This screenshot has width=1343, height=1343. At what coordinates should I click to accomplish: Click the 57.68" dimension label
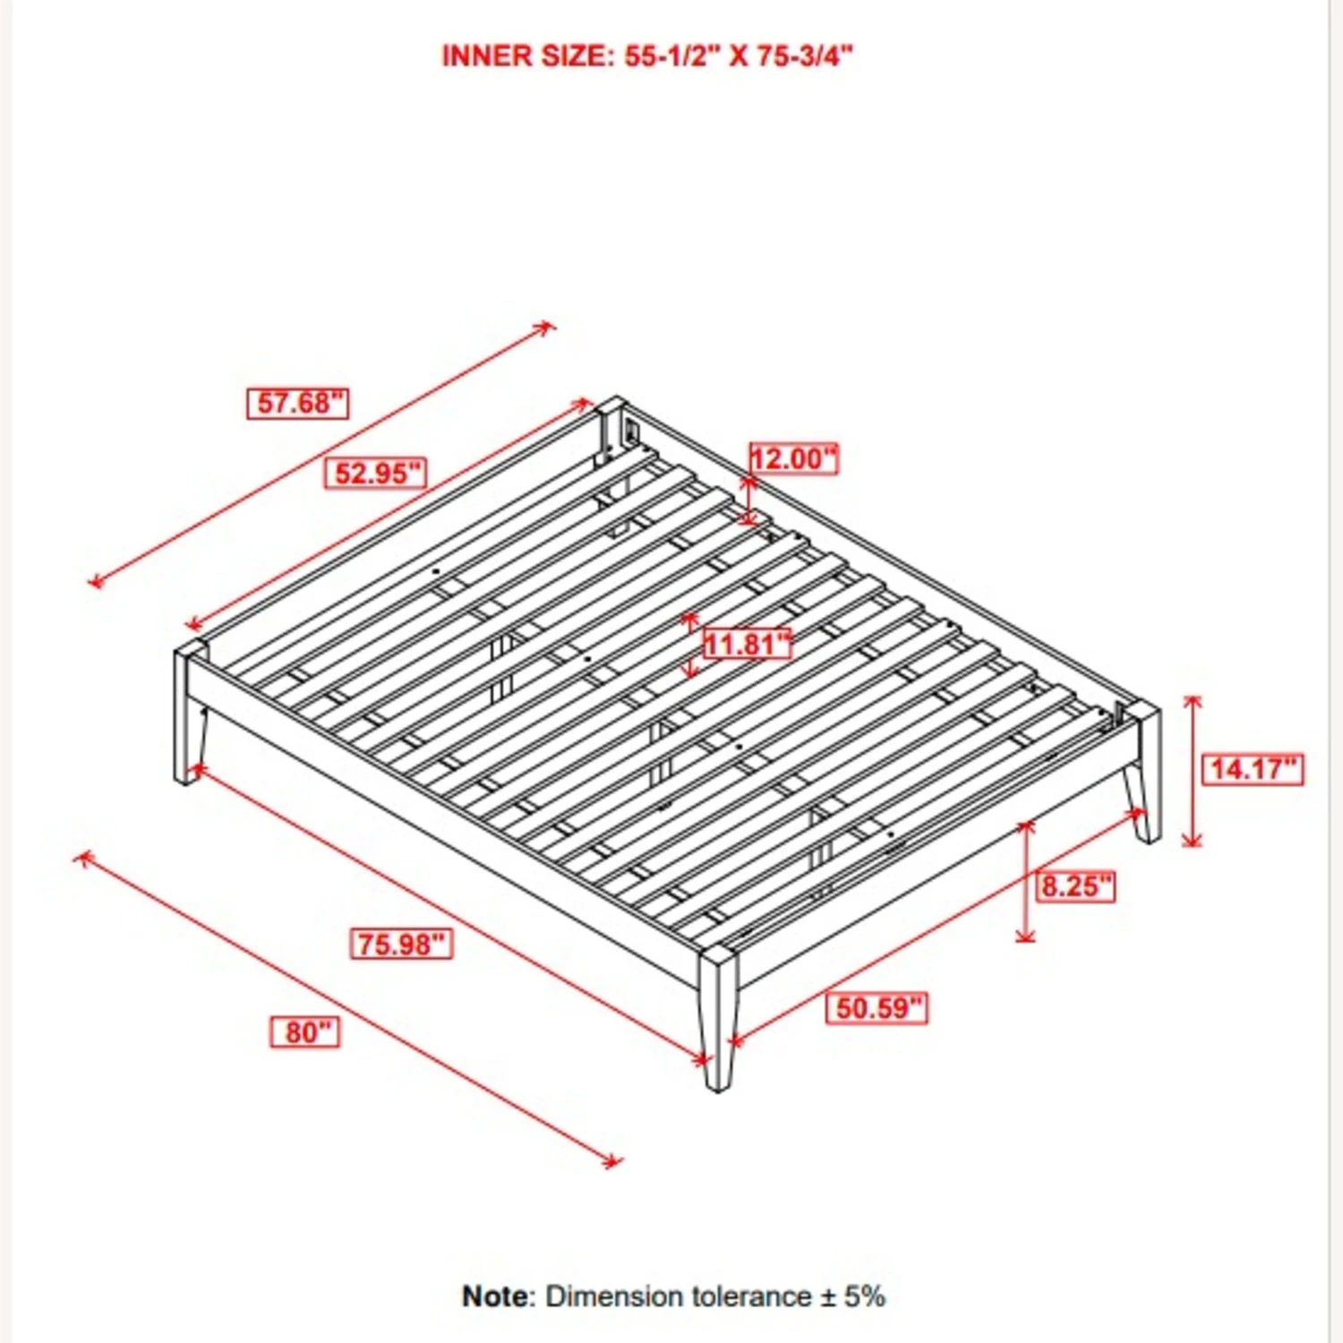click(x=297, y=403)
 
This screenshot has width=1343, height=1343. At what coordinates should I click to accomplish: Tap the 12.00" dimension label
click(x=793, y=458)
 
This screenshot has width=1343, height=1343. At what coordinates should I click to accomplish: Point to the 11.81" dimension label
click(x=748, y=643)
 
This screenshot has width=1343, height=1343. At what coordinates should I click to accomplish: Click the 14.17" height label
click(x=1253, y=768)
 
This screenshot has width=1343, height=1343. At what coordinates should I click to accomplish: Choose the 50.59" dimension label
click(x=877, y=1007)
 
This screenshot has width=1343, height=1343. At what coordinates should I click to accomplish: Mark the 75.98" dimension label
click(x=401, y=943)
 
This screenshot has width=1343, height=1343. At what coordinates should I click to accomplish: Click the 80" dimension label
click(x=305, y=1031)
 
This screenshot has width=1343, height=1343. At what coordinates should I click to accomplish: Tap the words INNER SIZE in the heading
click(x=525, y=56)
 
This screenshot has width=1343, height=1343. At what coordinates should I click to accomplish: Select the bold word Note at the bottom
click(x=496, y=1296)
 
